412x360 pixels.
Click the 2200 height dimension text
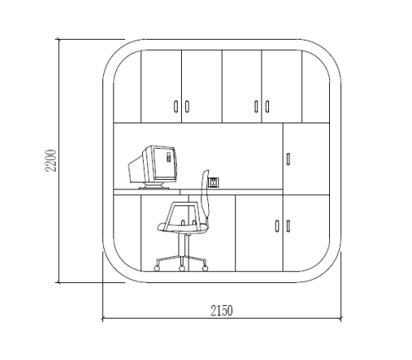(51, 161)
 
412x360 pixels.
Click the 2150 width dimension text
(222, 311)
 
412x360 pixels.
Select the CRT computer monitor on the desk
(153, 167)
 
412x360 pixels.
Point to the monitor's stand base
(154, 186)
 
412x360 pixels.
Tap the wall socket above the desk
(213, 183)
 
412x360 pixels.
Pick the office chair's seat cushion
(183, 227)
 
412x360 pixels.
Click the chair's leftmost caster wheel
(157, 269)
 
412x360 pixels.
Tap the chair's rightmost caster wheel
(206, 269)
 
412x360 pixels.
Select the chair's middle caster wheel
(182, 269)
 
